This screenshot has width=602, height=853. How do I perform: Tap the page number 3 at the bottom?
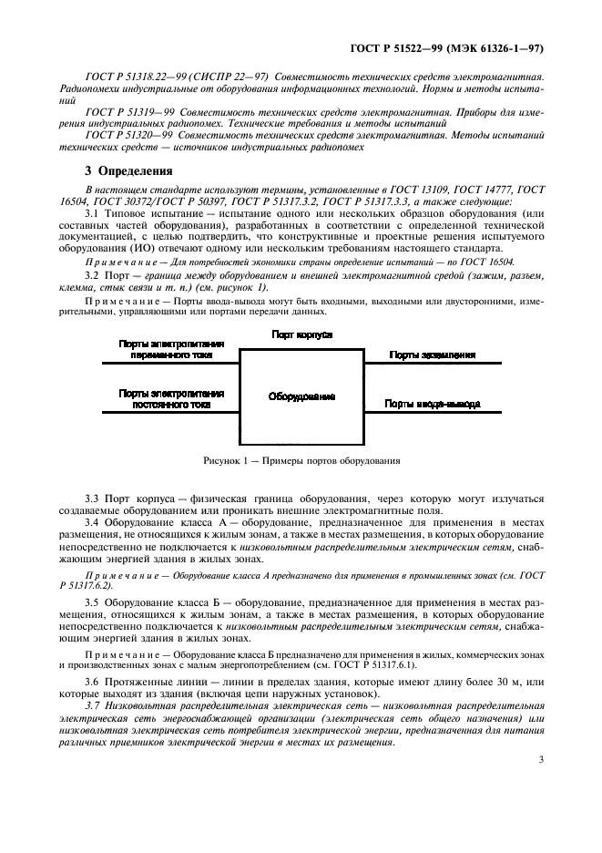[x=540, y=757]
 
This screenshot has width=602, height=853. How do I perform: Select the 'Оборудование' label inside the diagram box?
[x=301, y=397]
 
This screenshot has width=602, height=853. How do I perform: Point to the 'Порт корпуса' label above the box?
[x=301, y=335]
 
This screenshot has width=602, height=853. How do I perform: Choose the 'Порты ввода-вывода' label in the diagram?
[x=432, y=403]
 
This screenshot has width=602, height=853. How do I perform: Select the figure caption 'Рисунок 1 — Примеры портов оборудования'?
[x=301, y=461]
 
